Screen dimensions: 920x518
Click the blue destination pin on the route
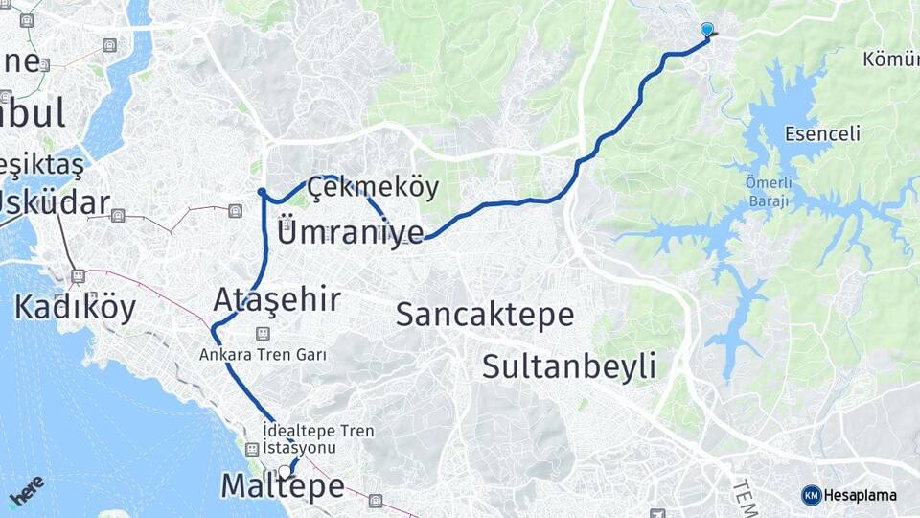coord(707,30)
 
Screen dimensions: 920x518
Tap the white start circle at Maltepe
coord(284,471)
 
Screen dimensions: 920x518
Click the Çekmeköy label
coord(373,188)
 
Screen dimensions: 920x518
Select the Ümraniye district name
coord(351,231)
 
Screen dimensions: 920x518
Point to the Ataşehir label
coord(277,299)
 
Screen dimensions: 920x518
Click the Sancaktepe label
coord(485,314)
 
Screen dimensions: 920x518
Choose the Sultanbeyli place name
coord(569,365)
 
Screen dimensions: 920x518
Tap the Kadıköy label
coord(75,307)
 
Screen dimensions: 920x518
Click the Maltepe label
coord(283,486)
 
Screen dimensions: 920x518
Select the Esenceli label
coord(821,133)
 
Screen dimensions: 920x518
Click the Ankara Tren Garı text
coord(263,354)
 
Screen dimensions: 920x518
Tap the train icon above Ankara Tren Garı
coord(263,334)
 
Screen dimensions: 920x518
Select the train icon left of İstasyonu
coord(252,449)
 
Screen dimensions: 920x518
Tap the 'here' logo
coord(26,490)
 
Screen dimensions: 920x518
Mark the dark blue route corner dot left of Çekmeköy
coord(262,193)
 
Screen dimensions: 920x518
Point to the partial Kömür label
coord(890,60)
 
